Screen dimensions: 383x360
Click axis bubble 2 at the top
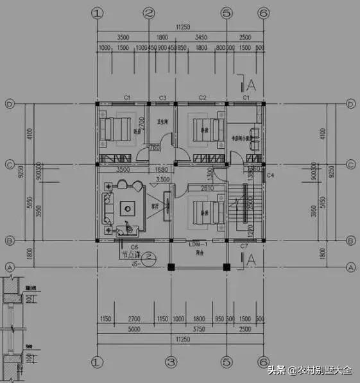pyautogui.click(x=149, y=13)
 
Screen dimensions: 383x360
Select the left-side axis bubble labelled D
pyautogui.click(x=10, y=103)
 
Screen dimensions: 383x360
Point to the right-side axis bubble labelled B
pyautogui.click(x=351, y=241)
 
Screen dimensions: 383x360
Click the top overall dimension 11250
pyautogui.click(x=179, y=28)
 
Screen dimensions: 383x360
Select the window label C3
pyautogui.click(x=163, y=98)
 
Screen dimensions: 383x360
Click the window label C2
pyautogui.click(x=202, y=98)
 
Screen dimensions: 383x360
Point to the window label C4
pyautogui.click(x=270, y=174)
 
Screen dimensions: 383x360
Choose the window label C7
pyautogui.click(x=244, y=246)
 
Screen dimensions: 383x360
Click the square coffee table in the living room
pyautogui.click(x=128, y=207)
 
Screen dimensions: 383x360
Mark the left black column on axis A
pyautogui.click(x=171, y=266)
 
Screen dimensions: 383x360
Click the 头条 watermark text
pyautogui.click(x=276, y=370)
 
